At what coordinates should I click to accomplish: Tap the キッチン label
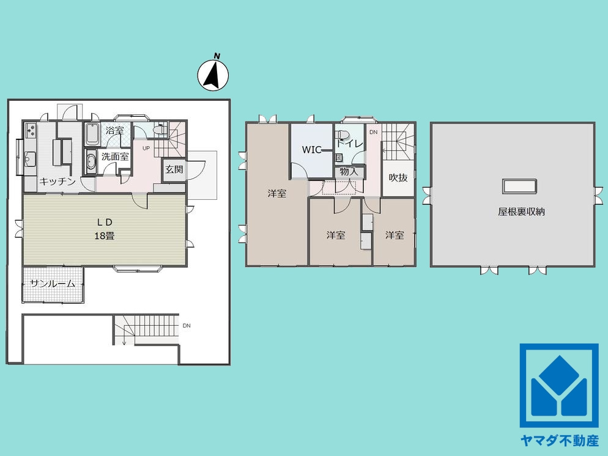tap(57, 182)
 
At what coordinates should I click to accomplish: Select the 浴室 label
tap(115, 131)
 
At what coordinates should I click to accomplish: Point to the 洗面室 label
tap(115, 157)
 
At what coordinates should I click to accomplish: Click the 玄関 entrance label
tap(174, 169)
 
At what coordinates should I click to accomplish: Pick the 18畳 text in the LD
tap(105, 235)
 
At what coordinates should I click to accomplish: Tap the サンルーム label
tap(53, 284)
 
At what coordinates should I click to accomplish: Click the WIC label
tap(312, 150)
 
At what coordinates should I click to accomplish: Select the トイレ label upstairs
tap(349, 144)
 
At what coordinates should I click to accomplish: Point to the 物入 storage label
tap(349, 172)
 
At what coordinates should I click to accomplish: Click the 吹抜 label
tap(398, 178)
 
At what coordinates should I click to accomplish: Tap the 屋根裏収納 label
tap(522, 211)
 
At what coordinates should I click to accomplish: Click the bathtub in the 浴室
tap(92, 134)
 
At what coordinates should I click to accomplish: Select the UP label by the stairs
tap(146, 148)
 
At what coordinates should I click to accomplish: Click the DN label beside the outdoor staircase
tap(187, 326)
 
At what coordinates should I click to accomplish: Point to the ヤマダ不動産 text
tap(560, 441)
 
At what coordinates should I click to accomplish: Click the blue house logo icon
tap(559, 386)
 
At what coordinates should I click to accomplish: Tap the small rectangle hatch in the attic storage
tap(520, 186)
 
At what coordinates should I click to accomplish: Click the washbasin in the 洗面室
tap(91, 161)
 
